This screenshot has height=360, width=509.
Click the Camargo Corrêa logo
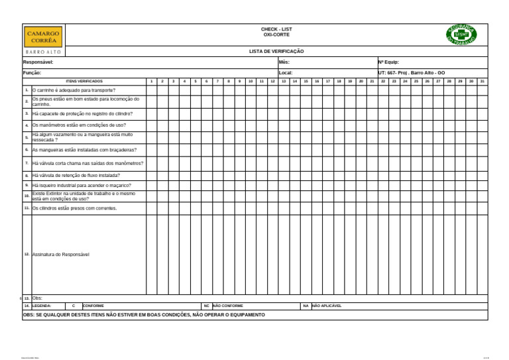click(x=44, y=36)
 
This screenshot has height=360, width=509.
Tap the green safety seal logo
click(x=461, y=34)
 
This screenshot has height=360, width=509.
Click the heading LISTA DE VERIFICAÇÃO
click(x=276, y=51)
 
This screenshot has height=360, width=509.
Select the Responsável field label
click(x=38, y=62)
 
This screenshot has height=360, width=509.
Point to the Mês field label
click(x=284, y=62)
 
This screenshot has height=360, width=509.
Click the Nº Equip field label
click(x=388, y=62)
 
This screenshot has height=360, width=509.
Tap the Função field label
click(x=32, y=72)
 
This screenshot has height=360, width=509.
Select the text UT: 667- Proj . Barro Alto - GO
click(x=412, y=72)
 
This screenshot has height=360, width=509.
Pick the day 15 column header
click(x=306, y=81)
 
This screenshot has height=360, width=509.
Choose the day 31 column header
click(x=482, y=81)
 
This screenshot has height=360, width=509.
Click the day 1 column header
click(x=151, y=81)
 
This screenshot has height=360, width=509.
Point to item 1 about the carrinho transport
click(x=74, y=90)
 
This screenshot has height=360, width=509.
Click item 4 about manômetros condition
click(x=79, y=125)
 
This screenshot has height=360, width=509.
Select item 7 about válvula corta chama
click(x=87, y=163)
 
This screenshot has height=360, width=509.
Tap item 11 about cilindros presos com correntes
click(x=74, y=208)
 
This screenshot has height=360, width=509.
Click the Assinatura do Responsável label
click(x=60, y=254)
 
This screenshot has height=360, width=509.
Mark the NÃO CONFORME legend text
click(x=228, y=306)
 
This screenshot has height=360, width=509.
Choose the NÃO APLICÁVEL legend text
click(x=327, y=306)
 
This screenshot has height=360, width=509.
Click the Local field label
click(x=286, y=72)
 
